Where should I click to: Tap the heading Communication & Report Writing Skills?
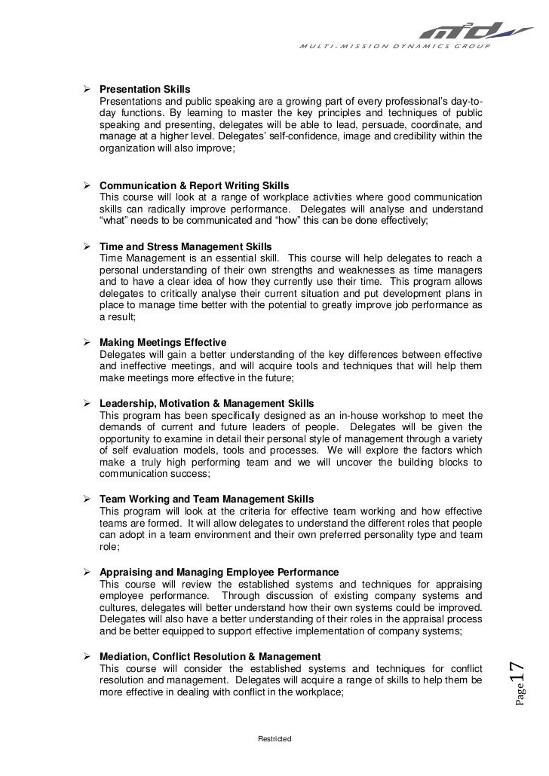[194, 185]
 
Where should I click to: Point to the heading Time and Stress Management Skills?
[186, 246]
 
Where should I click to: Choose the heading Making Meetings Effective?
[158, 341]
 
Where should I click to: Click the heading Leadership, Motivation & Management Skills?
[207, 403]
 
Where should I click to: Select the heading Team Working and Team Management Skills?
[207, 499]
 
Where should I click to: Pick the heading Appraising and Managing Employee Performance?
[219, 572]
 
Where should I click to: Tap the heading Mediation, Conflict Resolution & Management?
[210, 656]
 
